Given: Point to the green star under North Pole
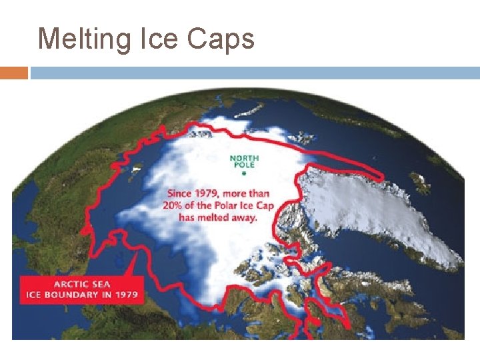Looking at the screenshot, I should tap(244, 173).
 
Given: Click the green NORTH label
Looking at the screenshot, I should tap(244, 158).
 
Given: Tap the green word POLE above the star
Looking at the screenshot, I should tap(244, 165).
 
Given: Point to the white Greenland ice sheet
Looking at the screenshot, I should tap(373, 207).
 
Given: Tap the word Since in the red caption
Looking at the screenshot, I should tap(181, 193).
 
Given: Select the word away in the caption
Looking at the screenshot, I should tap(243, 217).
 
